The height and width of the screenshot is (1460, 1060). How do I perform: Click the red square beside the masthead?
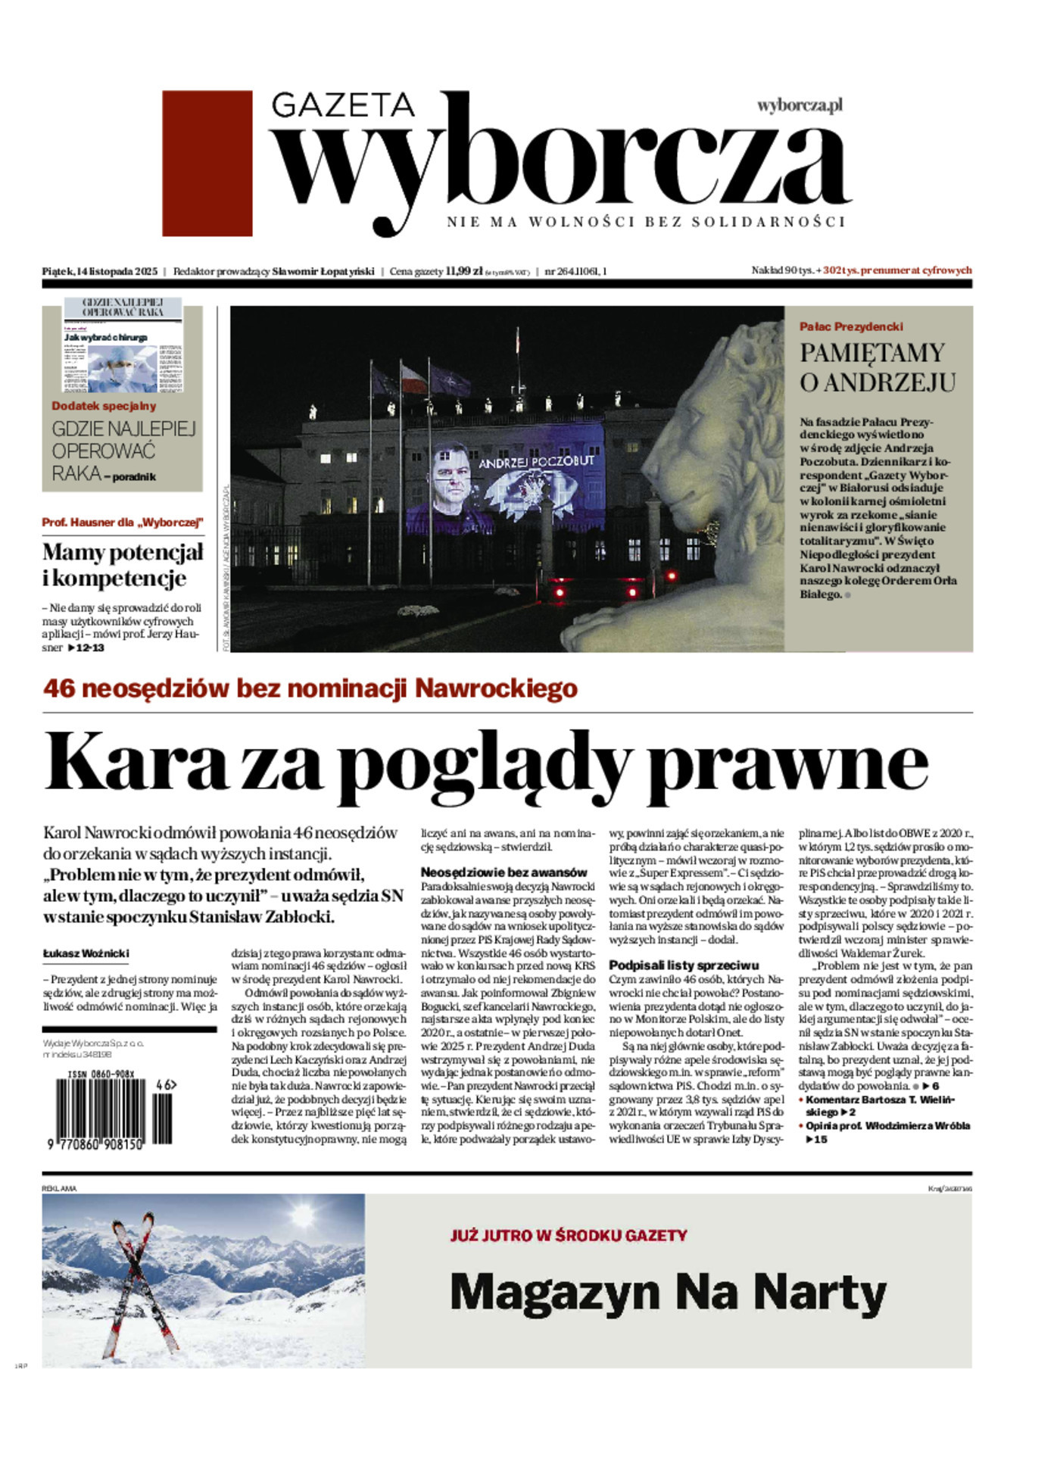[207, 163]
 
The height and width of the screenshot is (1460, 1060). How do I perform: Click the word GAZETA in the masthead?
[343, 105]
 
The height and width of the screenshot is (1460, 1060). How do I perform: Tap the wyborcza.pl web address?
[800, 105]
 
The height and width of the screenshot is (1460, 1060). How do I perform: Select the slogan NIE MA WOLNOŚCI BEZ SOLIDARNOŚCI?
[645, 222]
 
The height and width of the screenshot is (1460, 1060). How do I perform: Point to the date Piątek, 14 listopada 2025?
[99, 271]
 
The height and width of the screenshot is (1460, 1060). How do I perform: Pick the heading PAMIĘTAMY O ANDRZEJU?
[877, 367]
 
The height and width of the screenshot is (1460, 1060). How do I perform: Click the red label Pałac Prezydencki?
[851, 326]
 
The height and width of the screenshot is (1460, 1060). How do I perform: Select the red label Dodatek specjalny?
[104, 406]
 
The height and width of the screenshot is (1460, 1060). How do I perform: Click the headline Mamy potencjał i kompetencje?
[123, 565]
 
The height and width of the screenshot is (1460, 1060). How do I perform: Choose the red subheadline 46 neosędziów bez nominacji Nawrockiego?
[310, 688]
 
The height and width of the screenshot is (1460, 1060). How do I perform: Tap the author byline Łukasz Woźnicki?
[86, 954]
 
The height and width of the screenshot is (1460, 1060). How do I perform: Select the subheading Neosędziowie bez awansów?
[503, 872]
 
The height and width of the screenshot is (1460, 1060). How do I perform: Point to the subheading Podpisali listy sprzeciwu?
[684, 966]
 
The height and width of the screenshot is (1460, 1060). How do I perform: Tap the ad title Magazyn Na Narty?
[668, 1293]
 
